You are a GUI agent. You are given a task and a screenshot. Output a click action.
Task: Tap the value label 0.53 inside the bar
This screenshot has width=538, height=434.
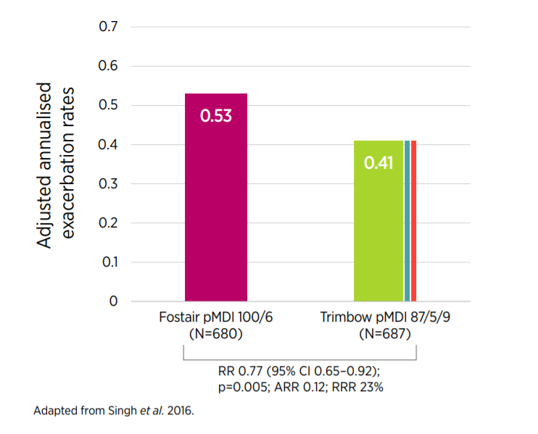(x=216, y=116)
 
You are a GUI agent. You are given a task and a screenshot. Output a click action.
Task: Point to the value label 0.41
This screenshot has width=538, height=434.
(x=378, y=163)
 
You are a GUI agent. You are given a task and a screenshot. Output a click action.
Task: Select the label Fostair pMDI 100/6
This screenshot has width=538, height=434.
(x=215, y=318)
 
